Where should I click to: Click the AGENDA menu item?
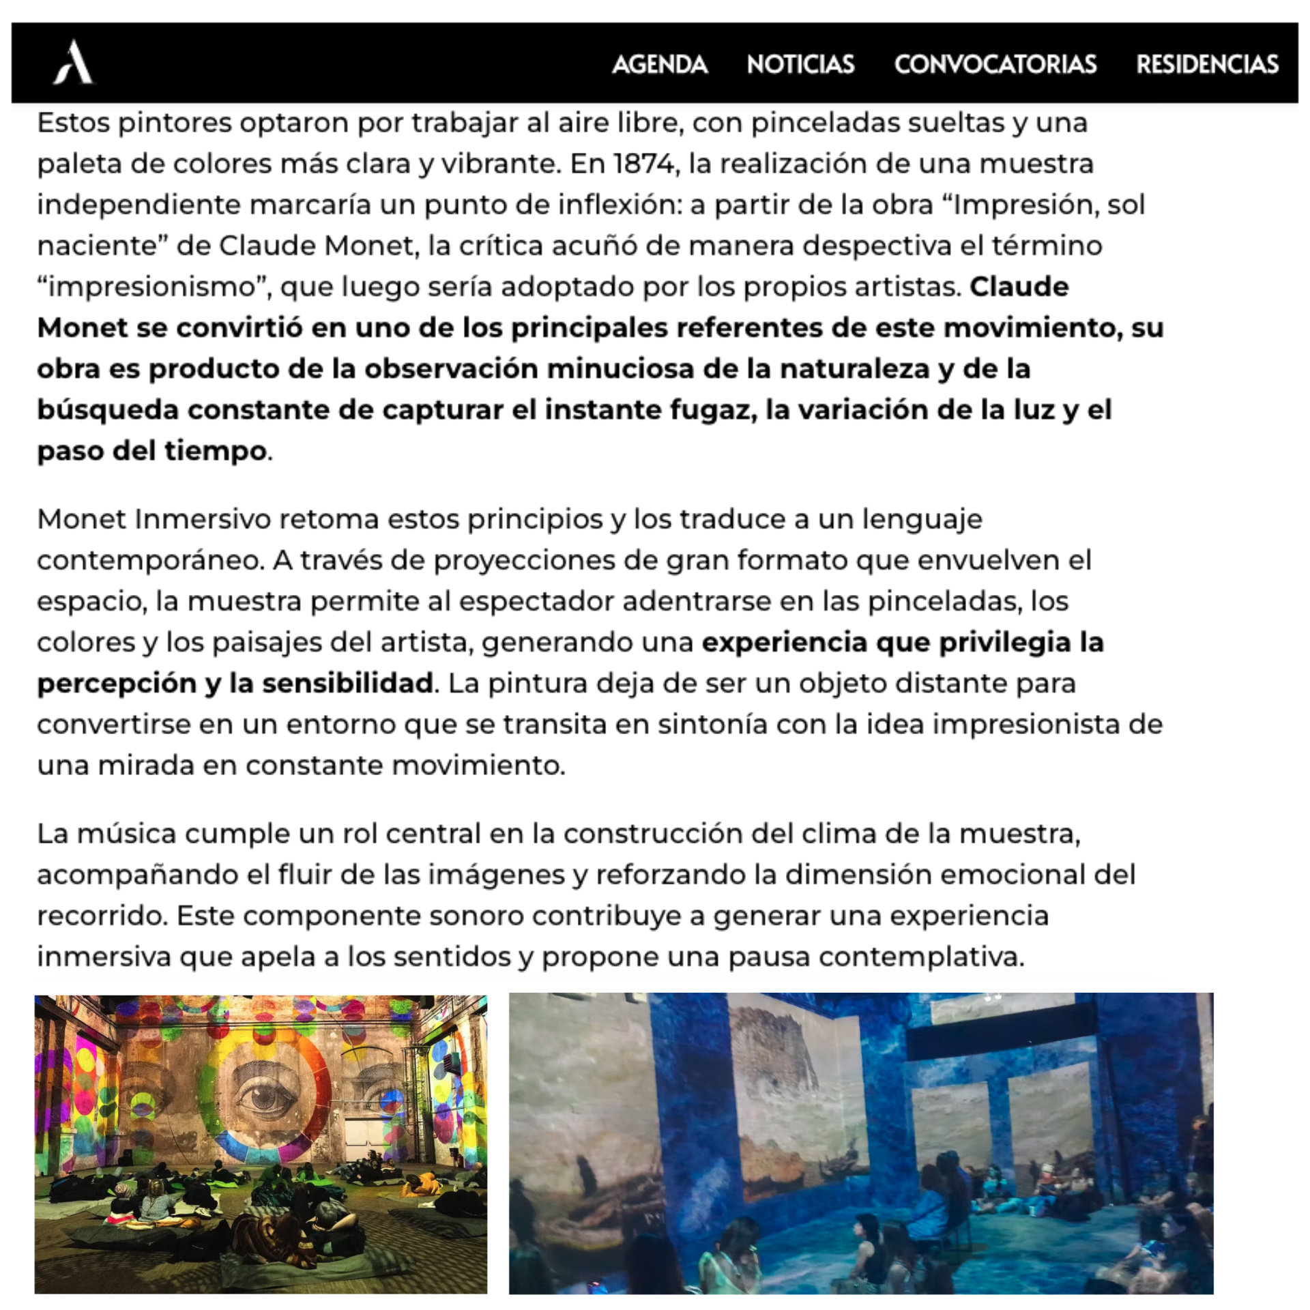pyautogui.click(x=659, y=64)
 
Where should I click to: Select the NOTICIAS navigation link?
pyautogui.click(x=800, y=64)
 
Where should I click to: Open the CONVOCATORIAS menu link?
pyautogui.click(x=995, y=64)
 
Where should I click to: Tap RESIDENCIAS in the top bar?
pyautogui.click(x=1207, y=64)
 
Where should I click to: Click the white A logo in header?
pyautogui.click(x=74, y=62)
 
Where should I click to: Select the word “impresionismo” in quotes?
pyautogui.click(x=154, y=287)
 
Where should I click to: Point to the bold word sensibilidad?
pyautogui.click(x=348, y=684)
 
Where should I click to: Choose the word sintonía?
pyautogui.click(x=699, y=725)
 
